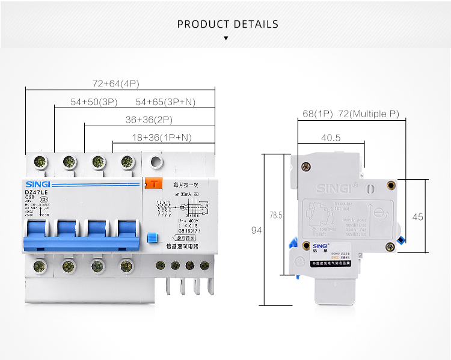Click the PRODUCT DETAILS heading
228,25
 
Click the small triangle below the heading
226,38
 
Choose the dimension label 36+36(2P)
149,120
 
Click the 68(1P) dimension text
318,114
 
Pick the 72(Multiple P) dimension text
369,114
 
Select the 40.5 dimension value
331,138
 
